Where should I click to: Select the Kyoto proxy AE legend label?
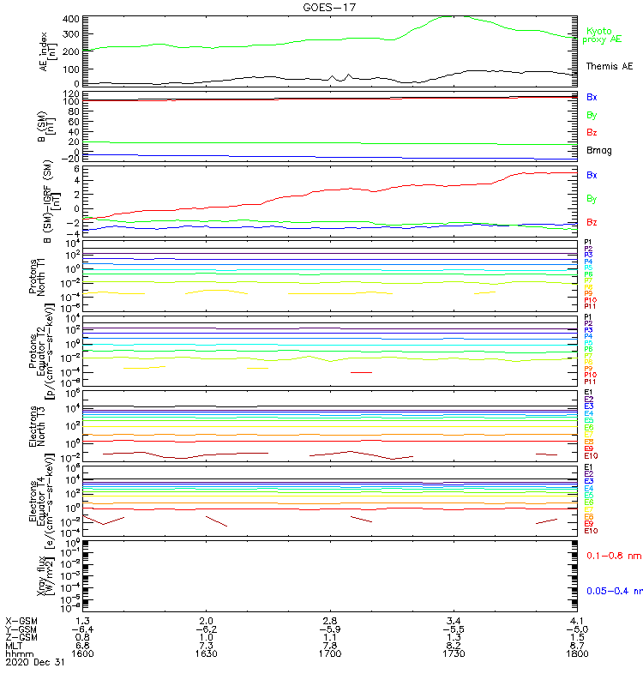click(604, 35)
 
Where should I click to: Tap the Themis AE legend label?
click(609, 66)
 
